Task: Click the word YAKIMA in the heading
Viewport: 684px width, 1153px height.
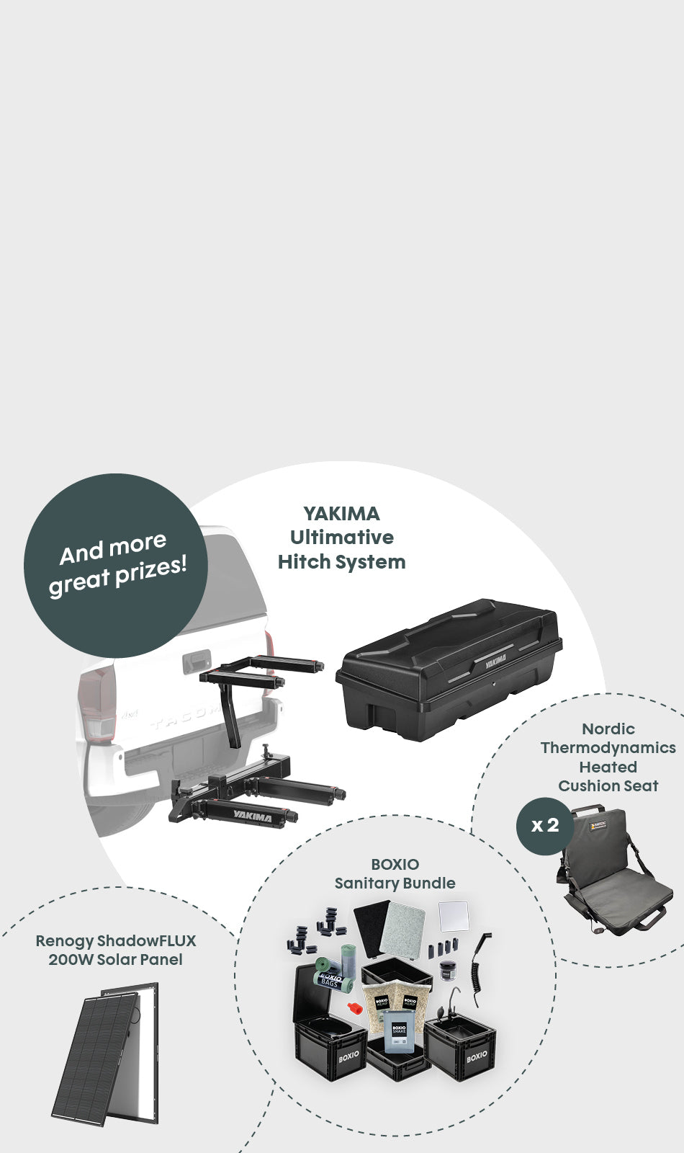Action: [x=341, y=514]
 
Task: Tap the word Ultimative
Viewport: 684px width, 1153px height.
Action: [x=342, y=538]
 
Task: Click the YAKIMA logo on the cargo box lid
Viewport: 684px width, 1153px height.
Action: [x=496, y=661]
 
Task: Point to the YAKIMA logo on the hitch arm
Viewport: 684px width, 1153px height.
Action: [x=253, y=816]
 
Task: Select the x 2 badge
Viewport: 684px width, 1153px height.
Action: [x=544, y=826]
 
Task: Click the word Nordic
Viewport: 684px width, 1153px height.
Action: [x=608, y=729]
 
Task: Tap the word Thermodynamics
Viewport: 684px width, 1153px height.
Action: [x=608, y=748]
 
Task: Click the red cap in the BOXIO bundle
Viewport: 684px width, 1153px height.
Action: [x=355, y=1007]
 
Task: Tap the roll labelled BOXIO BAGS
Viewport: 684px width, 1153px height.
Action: [x=332, y=980]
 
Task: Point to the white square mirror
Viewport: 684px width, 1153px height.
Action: [x=454, y=917]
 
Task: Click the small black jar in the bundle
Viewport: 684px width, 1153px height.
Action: [x=448, y=970]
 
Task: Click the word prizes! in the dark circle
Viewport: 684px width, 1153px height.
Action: [x=151, y=571]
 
